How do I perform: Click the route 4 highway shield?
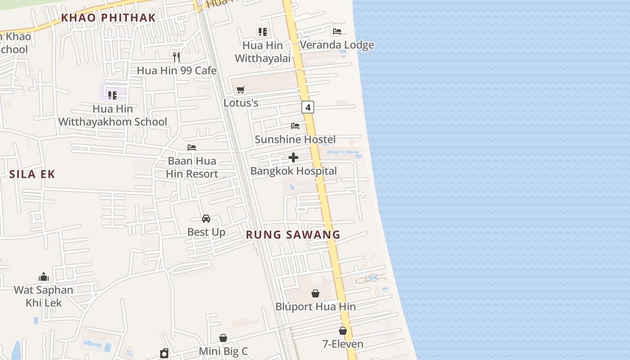tap(308, 107)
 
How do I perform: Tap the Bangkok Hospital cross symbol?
tap(293, 157)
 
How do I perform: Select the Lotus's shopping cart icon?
tap(241, 90)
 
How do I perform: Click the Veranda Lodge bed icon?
tap(337, 31)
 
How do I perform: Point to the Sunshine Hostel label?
tap(295, 139)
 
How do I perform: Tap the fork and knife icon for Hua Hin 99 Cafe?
tap(176, 57)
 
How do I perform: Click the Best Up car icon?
tap(206, 219)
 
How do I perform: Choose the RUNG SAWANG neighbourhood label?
tap(293, 234)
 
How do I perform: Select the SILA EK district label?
tap(32, 174)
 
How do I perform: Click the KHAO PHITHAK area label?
tap(108, 18)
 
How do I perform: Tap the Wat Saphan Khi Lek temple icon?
tap(44, 276)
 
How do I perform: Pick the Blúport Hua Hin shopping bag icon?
tap(315, 293)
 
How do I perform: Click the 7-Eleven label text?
tap(343, 344)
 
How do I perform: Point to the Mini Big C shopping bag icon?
tap(223, 338)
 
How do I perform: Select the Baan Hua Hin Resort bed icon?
tap(192, 148)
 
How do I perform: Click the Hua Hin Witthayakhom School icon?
tap(112, 95)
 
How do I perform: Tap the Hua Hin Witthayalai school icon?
tap(263, 32)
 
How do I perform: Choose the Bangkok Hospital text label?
tap(293, 171)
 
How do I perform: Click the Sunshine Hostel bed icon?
tap(295, 126)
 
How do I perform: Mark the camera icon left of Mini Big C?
tap(164, 353)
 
